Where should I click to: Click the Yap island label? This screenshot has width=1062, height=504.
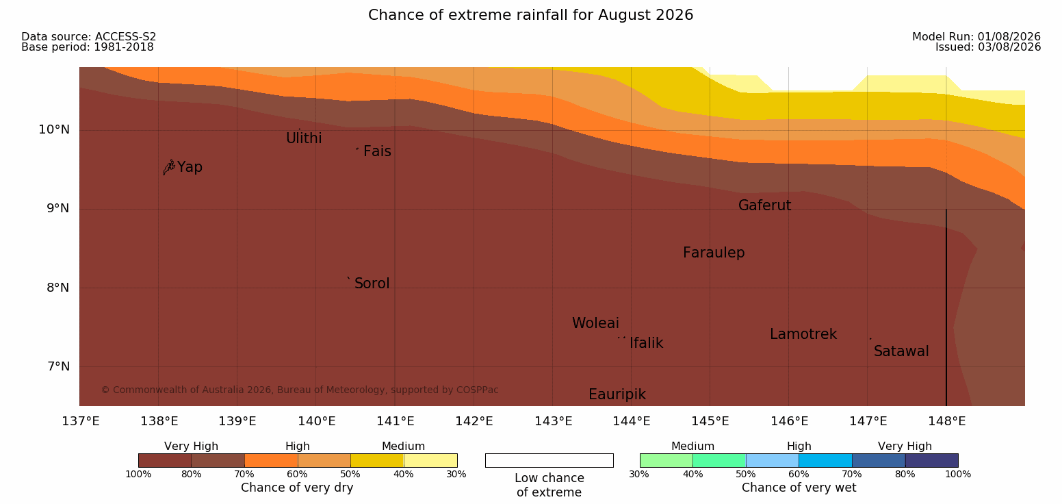[x=190, y=167]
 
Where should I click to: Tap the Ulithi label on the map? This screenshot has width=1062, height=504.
[x=304, y=138]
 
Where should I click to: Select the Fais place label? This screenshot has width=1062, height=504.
[x=378, y=151]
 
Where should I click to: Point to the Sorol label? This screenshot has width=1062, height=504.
[x=372, y=283]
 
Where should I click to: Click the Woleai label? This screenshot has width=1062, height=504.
[x=595, y=323]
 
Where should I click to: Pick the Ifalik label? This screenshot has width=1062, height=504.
[x=646, y=342]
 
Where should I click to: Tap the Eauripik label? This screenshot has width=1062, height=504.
[x=617, y=394]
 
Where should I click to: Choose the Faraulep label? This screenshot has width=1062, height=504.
[x=714, y=253]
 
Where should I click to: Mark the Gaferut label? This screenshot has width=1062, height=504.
[x=765, y=205]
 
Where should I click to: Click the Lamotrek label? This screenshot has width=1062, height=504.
[x=803, y=334]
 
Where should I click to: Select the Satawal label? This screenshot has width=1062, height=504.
[x=901, y=351]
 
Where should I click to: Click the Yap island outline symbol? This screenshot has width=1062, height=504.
[x=169, y=167]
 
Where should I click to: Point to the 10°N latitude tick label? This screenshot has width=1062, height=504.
[x=54, y=129]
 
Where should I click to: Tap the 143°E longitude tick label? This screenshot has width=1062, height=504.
[x=553, y=421]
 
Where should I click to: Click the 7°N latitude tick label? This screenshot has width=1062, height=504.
[x=58, y=366]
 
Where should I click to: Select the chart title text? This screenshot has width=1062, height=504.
[x=530, y=15]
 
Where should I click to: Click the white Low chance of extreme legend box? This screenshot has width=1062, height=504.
[x=549, y=460]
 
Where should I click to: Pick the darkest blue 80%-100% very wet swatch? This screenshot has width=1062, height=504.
[x=931, y=460]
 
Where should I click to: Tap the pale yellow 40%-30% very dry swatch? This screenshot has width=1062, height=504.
[x=430, y=460]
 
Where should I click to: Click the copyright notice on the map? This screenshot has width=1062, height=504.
[x=300, y=390]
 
